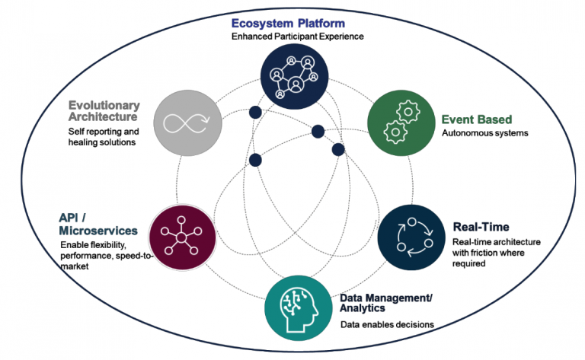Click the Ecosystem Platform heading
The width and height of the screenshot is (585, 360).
point(292,22)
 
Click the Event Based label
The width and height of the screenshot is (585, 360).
point(477,119)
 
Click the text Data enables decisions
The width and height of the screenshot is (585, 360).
point(387,324)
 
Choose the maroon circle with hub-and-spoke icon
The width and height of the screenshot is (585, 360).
point(182,237)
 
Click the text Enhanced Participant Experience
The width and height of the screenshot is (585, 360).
point(292,36)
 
